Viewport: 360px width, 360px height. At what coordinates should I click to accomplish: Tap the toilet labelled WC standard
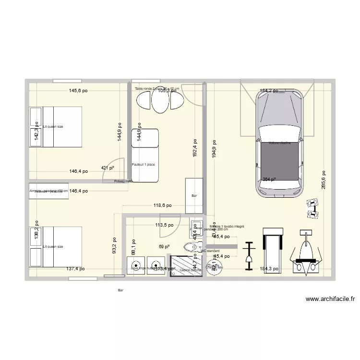click(x=191, y=248)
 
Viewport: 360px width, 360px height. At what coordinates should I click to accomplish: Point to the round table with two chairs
click(x=160, y=101)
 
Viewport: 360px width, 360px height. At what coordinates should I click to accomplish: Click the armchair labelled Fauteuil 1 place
click(x=144, y=156)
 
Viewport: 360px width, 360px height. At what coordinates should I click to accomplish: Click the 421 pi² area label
click(x=108, y=168)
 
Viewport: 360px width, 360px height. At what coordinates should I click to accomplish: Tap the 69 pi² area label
click(x=164, y=247)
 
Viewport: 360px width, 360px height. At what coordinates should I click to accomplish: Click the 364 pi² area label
click(x=269, y=180)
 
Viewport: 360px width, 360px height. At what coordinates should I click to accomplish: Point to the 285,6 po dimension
click(x=324, y=180)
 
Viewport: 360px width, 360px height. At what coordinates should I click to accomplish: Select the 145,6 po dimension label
click(x=78, y=90)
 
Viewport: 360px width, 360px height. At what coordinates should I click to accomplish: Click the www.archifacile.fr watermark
click(x=331, y=299)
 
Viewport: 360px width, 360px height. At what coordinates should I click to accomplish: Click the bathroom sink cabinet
click(x=195, y=230)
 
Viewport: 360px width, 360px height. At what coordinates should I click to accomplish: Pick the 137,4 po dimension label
click(x=75, y=269)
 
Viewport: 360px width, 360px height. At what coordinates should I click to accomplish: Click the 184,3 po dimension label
click(x=269, y=269)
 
